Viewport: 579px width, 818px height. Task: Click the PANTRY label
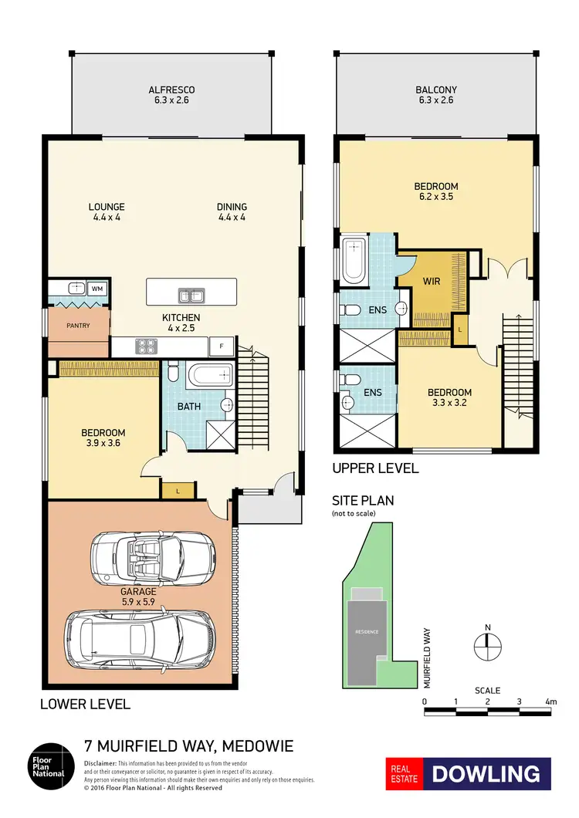coord(77,326)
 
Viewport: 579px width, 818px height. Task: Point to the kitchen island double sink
coord(187,294)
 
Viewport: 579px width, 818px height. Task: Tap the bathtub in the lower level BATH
coord(208,377)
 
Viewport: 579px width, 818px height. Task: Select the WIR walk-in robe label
coord(432,281)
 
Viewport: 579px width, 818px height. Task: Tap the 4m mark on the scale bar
coord(550,701)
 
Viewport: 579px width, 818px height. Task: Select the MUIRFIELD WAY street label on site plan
coord(427,657)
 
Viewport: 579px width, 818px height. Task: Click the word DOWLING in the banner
coord(486,774)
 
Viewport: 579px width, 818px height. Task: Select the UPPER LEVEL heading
coord(375,468)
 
